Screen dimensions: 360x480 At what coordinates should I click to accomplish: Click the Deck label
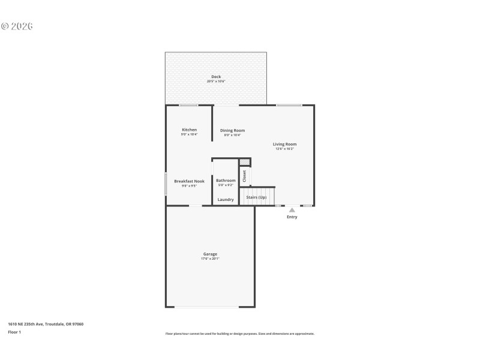(216, 77)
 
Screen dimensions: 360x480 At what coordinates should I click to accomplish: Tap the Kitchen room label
(189, 130)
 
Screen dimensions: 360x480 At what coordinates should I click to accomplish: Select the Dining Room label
(232, 130)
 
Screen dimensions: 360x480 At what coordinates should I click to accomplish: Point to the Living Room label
(284, 144)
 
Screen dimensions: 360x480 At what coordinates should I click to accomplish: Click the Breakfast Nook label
(189, 181)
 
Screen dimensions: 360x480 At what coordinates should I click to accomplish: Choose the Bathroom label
(226, 181)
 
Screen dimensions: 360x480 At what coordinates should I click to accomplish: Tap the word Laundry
(226, 200)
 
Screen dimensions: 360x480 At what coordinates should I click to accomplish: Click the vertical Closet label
(245, 176)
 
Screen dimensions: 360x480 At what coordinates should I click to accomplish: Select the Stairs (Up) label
(256, 197)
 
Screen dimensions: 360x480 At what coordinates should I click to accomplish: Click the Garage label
(210, 254)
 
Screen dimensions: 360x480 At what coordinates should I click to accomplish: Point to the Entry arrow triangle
(292, 210)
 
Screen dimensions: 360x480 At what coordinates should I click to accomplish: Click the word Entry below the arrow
(292, 217)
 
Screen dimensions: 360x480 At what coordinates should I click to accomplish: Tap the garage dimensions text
(210, 259)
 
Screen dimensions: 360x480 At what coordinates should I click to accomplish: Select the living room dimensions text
(284, 149)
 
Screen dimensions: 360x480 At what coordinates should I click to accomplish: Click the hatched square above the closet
(244, 162)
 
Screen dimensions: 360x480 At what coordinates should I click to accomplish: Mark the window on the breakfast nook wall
(166, 184)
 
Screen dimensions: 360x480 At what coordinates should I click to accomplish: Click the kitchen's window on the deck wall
(189, 106)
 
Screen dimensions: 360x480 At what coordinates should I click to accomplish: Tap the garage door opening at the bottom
(207, 307)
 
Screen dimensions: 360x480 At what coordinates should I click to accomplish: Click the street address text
(46, 324)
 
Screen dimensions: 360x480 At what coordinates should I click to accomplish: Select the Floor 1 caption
(14, 332)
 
